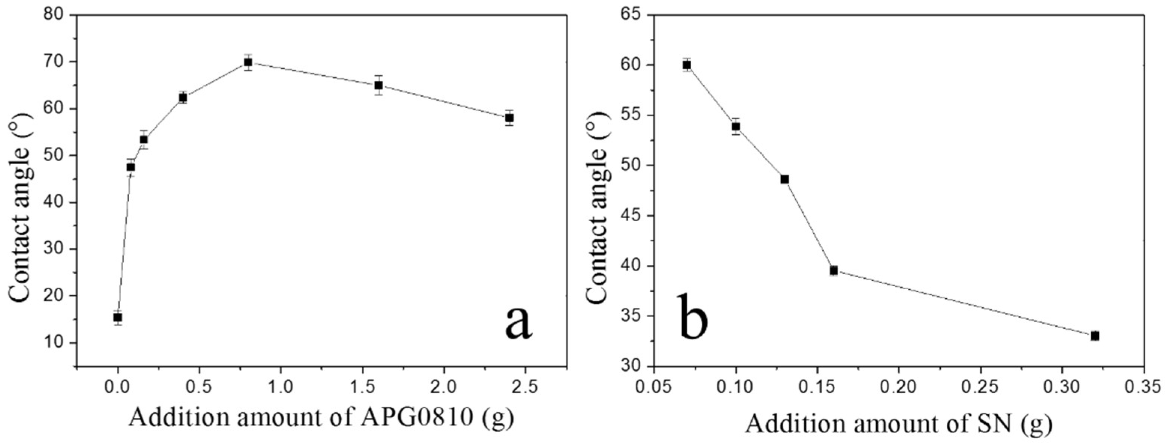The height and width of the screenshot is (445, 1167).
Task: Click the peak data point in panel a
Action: pos(248,63)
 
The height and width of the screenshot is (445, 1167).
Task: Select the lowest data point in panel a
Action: pos(117,317)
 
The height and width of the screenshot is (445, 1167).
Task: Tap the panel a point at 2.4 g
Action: pos(509,118)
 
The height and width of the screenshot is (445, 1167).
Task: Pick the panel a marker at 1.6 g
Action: pos(379,85)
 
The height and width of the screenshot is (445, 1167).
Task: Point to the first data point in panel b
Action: pos(687,65)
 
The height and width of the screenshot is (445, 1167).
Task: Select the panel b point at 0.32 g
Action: pos(1095,336)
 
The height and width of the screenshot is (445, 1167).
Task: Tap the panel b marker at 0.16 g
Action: pos(834,271)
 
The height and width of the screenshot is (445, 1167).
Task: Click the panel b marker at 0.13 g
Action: pos(784,179)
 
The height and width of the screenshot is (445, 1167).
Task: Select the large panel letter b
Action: pos(693,317)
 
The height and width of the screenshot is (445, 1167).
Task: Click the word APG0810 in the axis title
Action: pos(416,418)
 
